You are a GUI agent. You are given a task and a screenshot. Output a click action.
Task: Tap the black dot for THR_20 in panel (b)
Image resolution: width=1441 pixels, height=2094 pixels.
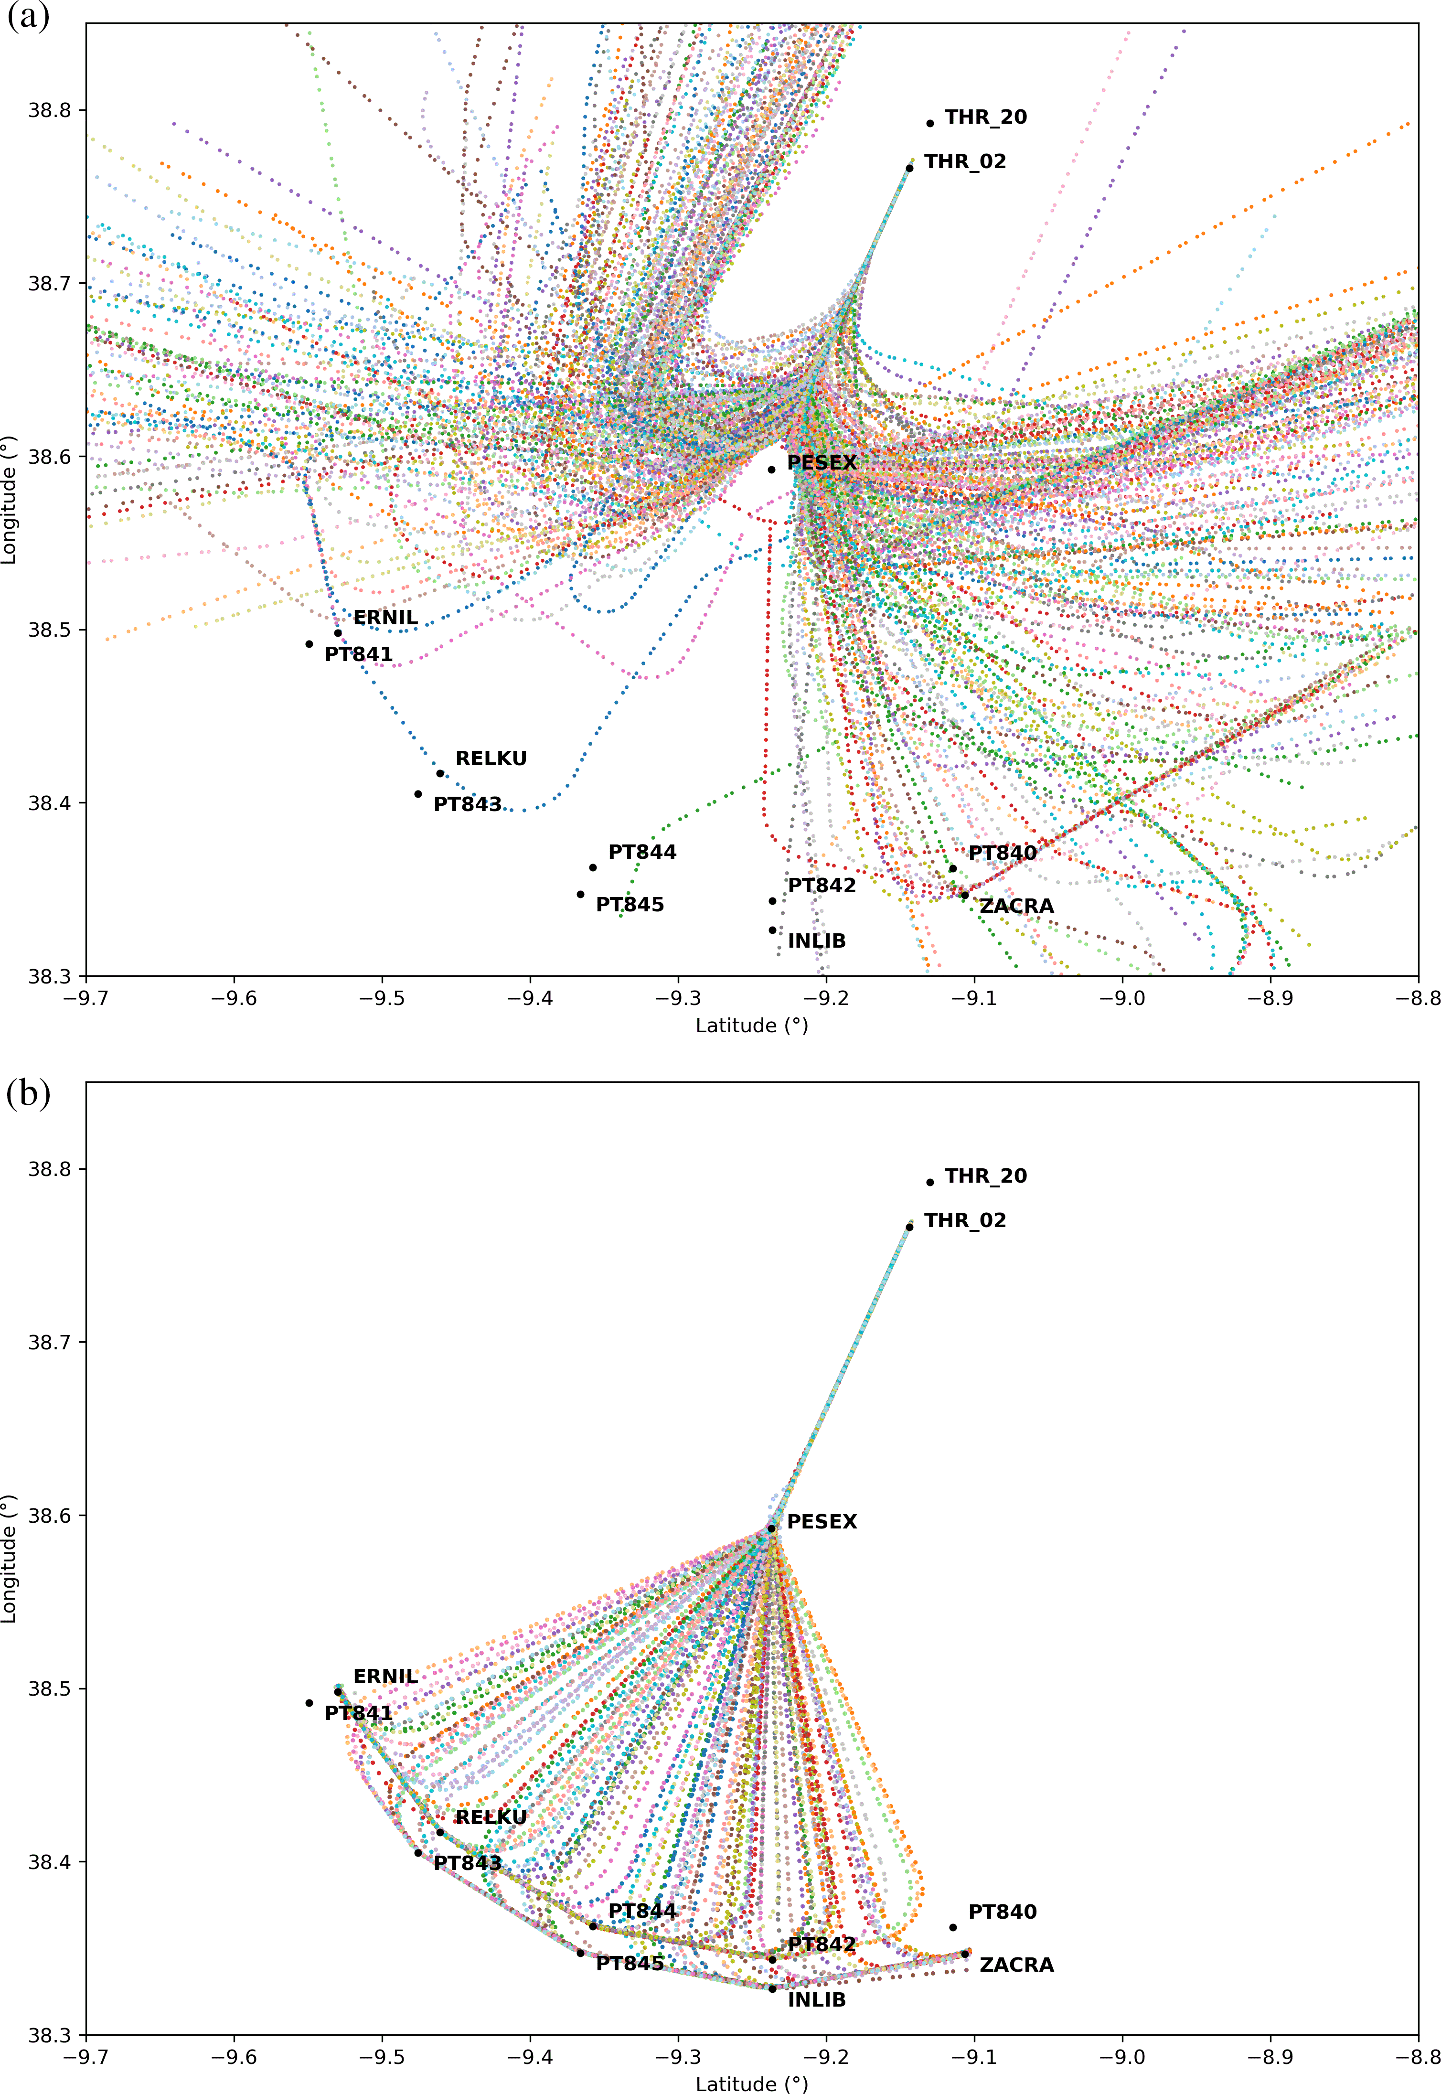click(930, 1182)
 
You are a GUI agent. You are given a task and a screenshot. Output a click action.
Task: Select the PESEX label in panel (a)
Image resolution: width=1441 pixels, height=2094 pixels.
click(822, 462)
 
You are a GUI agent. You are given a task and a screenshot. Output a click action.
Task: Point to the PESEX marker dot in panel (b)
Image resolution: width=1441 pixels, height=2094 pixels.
click(771, 1529)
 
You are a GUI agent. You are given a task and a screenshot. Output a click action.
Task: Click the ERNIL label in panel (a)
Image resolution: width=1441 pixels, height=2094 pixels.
click(385, 618)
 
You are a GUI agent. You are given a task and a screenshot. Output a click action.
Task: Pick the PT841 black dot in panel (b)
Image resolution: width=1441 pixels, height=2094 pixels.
click(309, 1703)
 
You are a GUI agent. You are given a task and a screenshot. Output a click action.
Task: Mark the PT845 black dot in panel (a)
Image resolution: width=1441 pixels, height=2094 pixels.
click(580, 895)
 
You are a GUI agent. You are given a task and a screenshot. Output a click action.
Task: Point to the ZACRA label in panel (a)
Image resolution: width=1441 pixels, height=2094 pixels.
click(1017, 906)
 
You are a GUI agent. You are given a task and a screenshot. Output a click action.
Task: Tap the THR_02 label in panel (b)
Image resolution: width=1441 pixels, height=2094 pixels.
click(965, 1221)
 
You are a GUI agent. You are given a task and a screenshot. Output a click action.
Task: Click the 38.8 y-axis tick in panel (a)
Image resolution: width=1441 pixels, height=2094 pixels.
click(51, 110)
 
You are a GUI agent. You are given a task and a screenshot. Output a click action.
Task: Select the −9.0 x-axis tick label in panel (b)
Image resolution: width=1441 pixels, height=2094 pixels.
click(1122, 2057)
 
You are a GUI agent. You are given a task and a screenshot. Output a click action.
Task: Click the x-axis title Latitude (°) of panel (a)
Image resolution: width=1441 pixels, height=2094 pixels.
click(751, 1026)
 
